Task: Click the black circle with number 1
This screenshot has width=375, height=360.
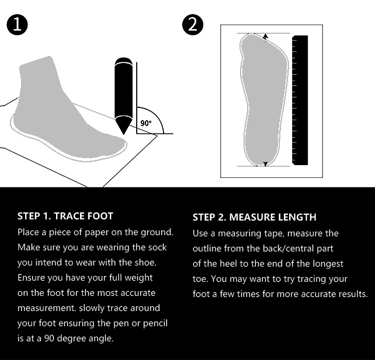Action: [x=17, y=25]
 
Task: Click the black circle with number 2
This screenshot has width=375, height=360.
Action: [x=193, y=25]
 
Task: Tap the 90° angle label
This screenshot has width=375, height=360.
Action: [x=146, y=123]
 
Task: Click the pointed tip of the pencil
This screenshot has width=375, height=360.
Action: [x=123, y=134]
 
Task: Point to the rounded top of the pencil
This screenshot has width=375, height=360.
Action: [x=123, y=61]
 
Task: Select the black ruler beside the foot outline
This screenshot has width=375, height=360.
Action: [x=300, y=100]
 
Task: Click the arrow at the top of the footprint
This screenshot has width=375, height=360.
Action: [x=265, y=37]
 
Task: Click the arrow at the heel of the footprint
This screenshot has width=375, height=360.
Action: [x=265, y=163]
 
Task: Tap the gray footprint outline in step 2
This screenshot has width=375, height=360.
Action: [x=264, y=100]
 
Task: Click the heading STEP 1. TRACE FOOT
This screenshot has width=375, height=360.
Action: [x=65, y=216]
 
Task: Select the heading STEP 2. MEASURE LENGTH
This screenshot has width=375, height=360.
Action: [x=255, y=217]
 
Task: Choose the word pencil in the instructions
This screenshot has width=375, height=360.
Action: [x=155, y=323]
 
